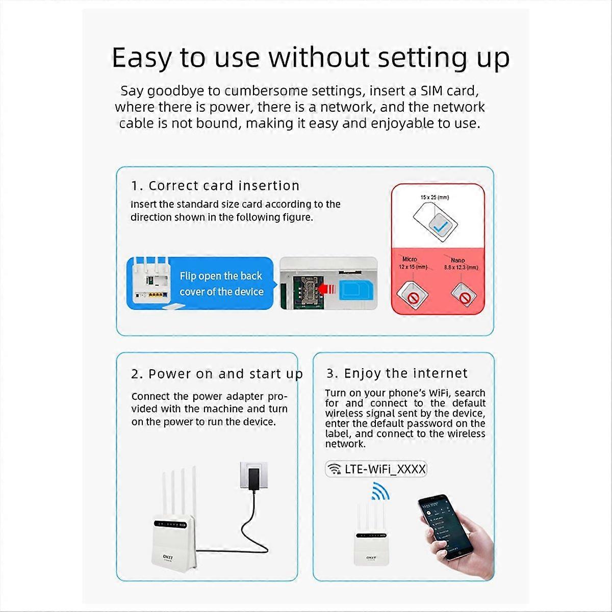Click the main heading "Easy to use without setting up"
tap(310, 57)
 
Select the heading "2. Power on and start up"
tap(217, 374)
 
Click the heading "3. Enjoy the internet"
tap(397, 373)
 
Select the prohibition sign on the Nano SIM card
tap(465, 296)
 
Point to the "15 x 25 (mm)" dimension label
tap(435, 197)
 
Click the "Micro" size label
tap(410, 260)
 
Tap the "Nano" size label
tap(457, 260)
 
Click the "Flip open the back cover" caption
tap(221, 284)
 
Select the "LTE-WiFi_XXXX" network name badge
tap(376, 469)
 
